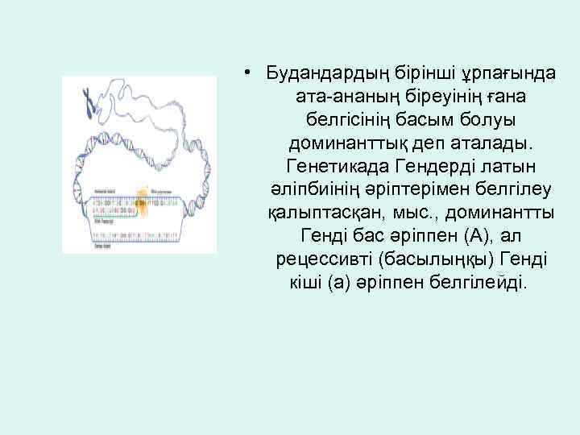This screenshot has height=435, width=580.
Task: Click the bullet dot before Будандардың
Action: (252, 73)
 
